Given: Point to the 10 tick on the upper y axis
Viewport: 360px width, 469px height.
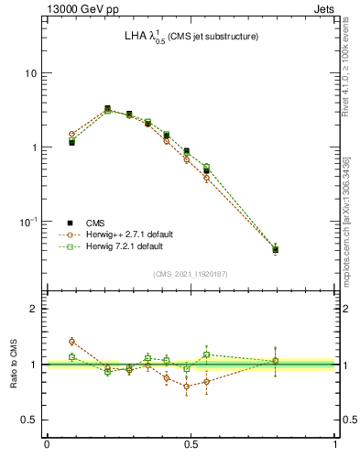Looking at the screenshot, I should [31, 73].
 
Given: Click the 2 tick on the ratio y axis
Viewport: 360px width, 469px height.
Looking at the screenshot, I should [35, 309].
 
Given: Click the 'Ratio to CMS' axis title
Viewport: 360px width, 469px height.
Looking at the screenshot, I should [13, 364].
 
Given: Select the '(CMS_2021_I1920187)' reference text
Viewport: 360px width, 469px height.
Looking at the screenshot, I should [191, 273].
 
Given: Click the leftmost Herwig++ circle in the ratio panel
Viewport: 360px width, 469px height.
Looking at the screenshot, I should [71, 341].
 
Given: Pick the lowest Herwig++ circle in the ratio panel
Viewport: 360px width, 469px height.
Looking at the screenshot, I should [187, 387].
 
